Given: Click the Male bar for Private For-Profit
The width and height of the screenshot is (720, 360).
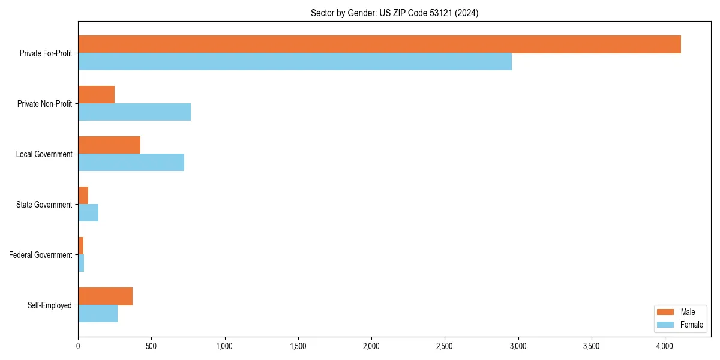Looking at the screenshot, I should pos(379,44).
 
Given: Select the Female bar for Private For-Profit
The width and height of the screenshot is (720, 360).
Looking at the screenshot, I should pos(295,62).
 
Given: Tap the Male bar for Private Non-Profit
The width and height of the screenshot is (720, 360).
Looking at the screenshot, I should pos(96,95).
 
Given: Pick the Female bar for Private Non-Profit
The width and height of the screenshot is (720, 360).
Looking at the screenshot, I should pos(134,112).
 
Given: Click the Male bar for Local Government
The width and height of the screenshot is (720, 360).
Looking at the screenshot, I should pos(109,145).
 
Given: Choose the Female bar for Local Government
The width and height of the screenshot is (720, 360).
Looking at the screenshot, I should pos(131,163).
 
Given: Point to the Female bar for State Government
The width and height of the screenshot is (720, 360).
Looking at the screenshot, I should pos(88,213).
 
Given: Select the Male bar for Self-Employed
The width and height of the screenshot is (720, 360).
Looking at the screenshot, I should pos(105,296).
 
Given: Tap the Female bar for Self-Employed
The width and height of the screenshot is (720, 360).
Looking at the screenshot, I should pos(98,314).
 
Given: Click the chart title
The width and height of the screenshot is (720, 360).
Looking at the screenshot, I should pos(394,13).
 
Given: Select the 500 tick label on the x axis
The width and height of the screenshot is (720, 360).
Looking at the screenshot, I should pos(151,346).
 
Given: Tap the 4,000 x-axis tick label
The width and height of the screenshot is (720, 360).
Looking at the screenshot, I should pos(665,346).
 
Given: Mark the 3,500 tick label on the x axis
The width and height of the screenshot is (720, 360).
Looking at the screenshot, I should pos(592,346).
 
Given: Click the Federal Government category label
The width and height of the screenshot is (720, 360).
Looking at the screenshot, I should pos(41,255).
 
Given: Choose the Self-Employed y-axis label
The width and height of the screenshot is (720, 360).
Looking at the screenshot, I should pos(50,305).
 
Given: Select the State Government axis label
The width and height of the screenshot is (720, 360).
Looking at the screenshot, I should pos(44,205).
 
